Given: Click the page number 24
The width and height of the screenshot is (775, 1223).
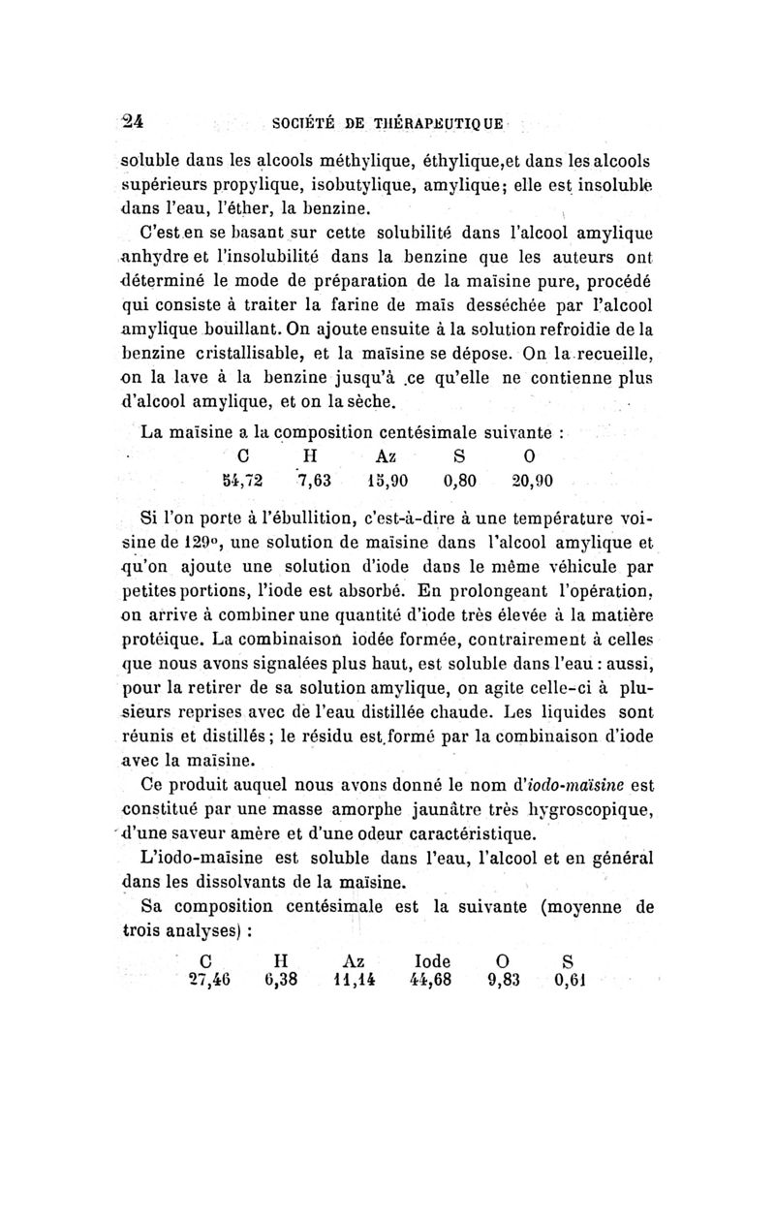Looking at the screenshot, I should (x=131, y=122).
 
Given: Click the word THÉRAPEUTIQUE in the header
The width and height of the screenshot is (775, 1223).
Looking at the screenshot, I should (x=428, y=123).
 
